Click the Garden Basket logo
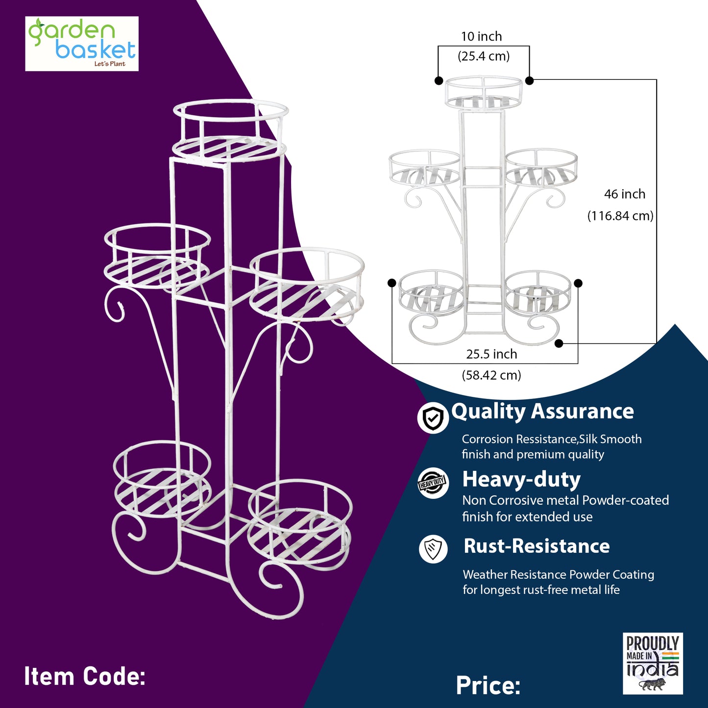82,44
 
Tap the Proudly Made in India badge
653,663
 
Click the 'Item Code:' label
85,677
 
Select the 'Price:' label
488,685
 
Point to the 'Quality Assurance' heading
542,412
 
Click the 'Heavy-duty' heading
521,479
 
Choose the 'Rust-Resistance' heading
537,546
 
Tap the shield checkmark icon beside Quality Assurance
433,418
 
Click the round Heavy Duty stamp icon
433,483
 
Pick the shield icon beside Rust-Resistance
434,548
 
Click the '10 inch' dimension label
481,37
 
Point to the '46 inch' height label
625,194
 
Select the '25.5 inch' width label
491,354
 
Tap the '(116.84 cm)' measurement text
620,216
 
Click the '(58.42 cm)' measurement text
491,375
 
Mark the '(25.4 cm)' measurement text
484,56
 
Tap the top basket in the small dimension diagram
484,92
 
